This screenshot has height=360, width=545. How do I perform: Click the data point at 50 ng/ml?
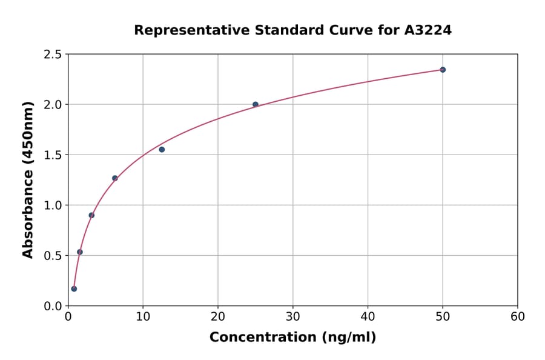443,70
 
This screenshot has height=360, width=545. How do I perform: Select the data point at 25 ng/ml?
256,104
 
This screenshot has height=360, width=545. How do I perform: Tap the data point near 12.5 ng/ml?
162,150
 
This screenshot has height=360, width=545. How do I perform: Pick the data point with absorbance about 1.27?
115,178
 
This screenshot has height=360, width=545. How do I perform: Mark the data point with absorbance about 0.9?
91,215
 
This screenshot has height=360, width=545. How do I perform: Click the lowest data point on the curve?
74,288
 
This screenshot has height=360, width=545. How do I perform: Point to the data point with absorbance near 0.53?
80,252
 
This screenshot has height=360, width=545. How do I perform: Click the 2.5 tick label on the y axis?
53,55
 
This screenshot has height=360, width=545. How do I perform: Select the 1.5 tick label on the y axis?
53,155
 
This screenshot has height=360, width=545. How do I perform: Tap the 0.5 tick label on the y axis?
53,256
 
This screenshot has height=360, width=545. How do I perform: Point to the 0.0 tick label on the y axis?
53,306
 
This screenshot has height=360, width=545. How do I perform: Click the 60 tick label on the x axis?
518,317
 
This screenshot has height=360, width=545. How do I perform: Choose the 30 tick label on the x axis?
293,317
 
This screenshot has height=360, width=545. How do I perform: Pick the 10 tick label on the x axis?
143,317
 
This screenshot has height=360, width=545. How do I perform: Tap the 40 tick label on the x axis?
368,317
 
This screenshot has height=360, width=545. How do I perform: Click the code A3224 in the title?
428,30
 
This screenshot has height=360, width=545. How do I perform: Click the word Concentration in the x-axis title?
262,338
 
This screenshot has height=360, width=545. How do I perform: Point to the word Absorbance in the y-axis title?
28,215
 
